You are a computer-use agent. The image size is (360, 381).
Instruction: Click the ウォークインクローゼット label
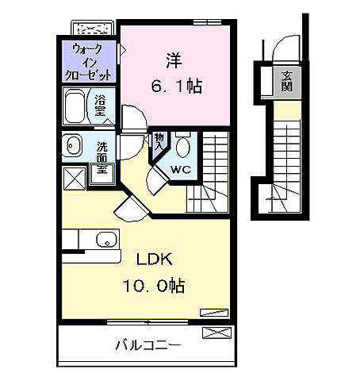[x=90, y=61]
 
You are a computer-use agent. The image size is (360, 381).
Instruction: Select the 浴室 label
[x=101, y=105]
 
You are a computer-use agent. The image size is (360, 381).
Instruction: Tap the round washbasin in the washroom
[x=74, y=146]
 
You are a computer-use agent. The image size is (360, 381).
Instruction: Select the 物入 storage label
[x=159, y=141]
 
